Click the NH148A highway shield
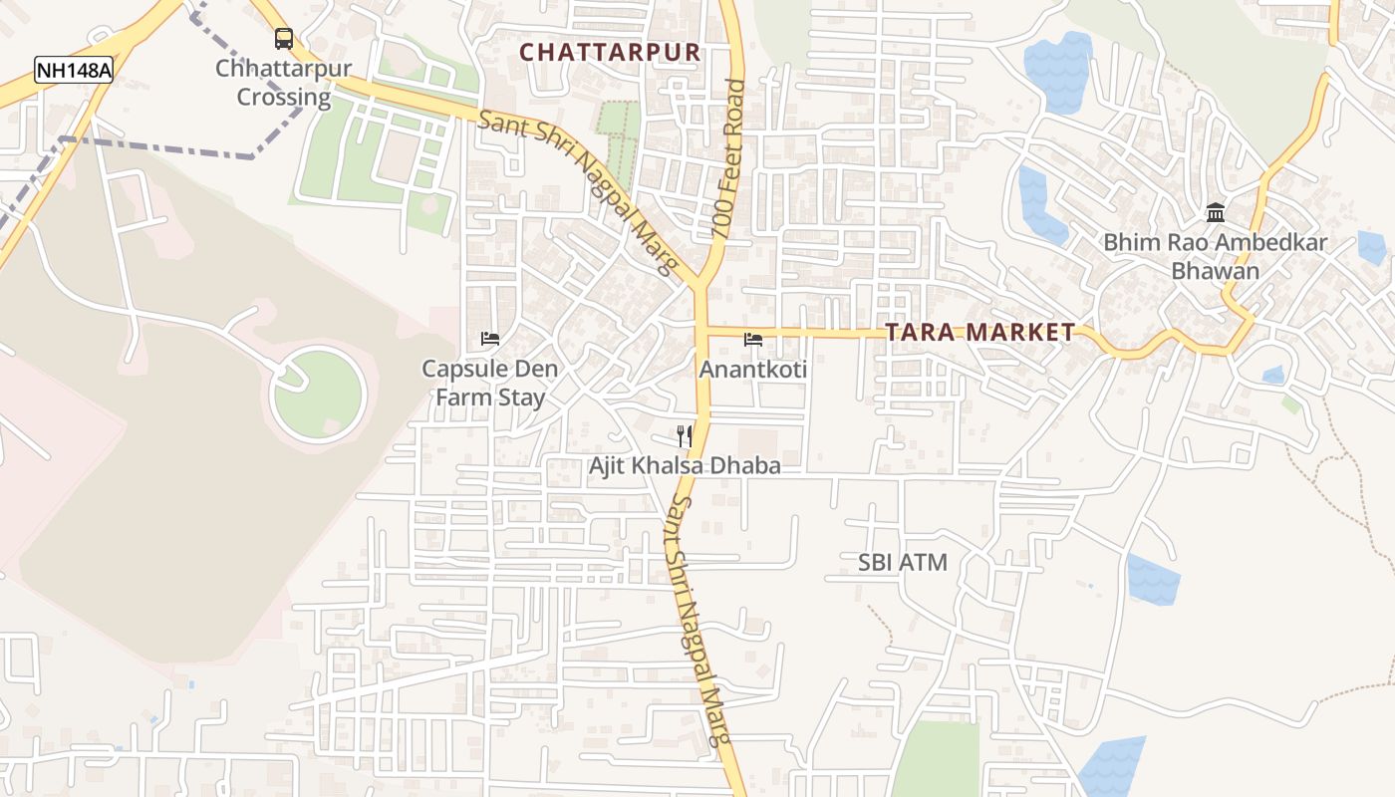73,70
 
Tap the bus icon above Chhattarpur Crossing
284,39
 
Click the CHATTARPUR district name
610,52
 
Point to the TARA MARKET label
980,333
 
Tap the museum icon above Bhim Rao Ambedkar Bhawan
1215,212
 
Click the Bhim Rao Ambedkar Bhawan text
1215,256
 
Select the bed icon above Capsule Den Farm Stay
489,339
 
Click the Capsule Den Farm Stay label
489,384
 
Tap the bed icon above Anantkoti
753,340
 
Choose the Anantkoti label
753,370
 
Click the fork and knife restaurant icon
685,435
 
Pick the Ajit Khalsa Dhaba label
685,465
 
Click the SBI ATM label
903,563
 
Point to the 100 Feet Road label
728,159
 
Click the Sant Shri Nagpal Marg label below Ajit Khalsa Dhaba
701,623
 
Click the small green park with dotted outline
619,134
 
